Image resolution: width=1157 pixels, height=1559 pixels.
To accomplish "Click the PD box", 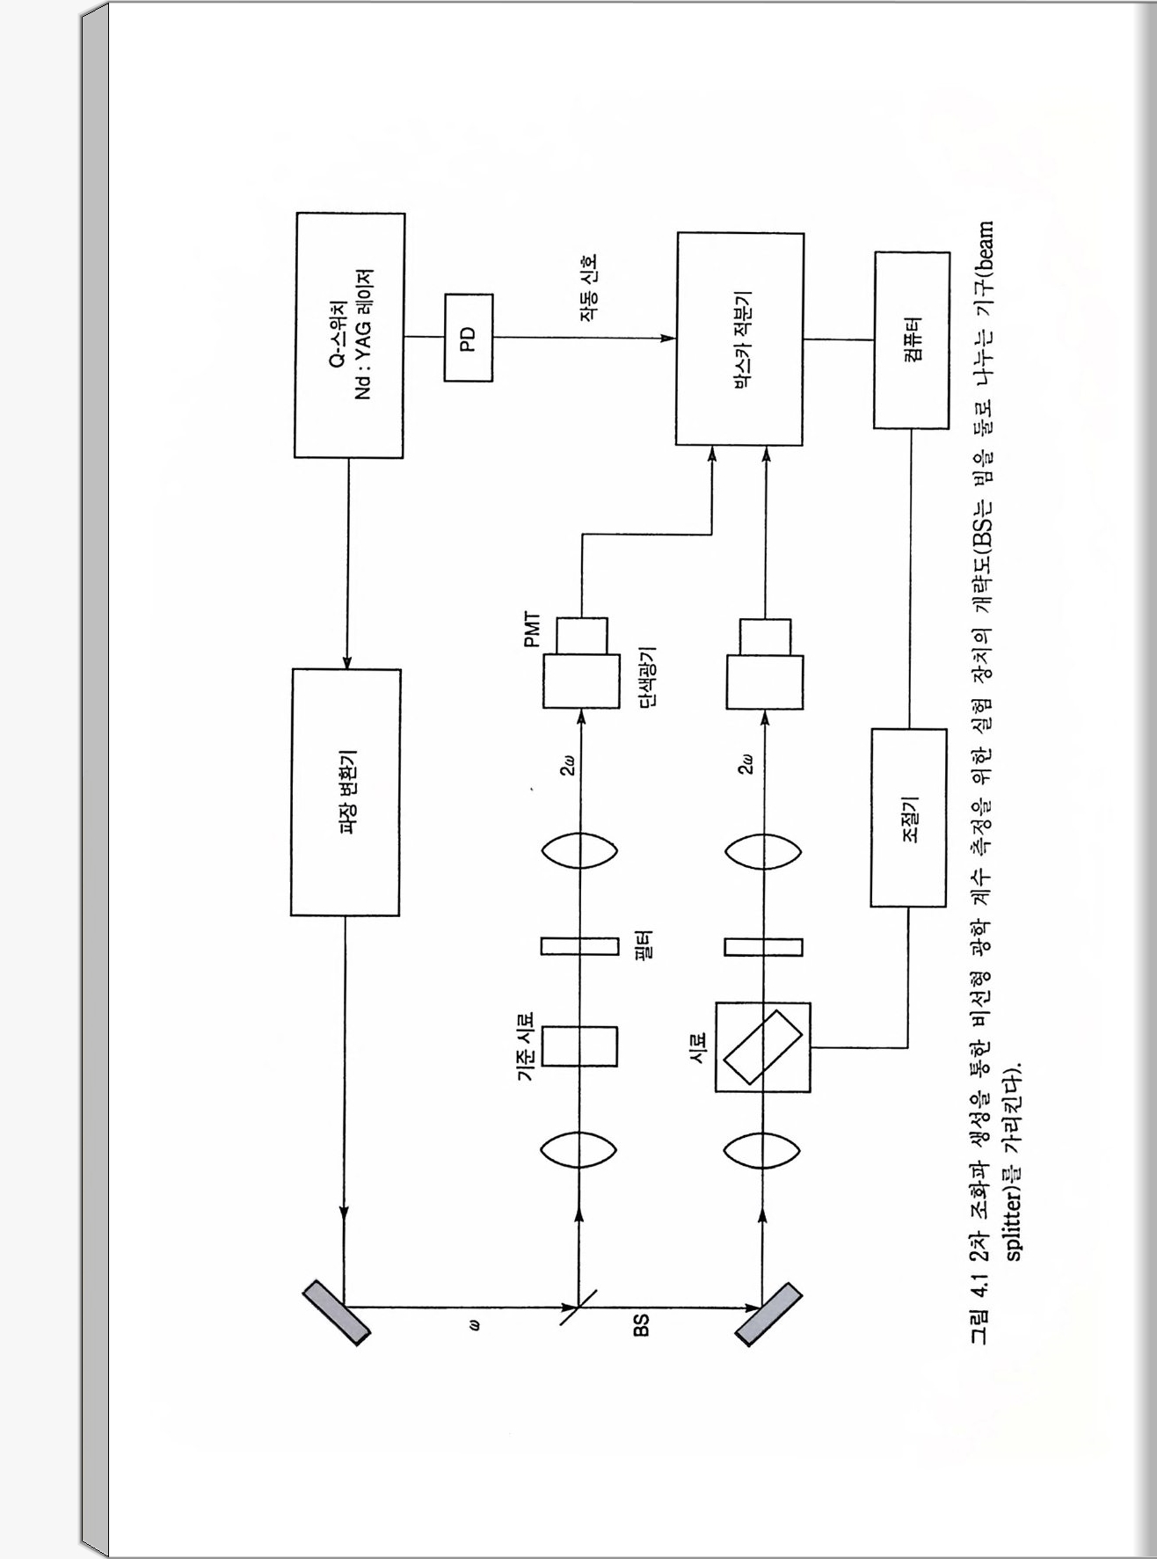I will click(x=468, y=338).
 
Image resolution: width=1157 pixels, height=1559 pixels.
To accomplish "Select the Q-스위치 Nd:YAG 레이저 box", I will click(x=349, y=335).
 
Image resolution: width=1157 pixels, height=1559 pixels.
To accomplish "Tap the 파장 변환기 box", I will click(x=346, y=792).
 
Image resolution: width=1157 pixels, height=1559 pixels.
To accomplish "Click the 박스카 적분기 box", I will click(x=739, y=339).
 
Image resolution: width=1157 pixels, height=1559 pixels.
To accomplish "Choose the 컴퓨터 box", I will click(x=912, y=339).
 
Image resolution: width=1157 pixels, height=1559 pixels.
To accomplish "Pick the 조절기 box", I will click(x=909, y=817).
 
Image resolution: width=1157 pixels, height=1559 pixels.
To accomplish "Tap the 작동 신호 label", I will click(x=588, y=288).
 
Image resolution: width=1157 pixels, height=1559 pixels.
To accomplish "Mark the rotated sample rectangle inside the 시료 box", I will click(x=762, y=1047).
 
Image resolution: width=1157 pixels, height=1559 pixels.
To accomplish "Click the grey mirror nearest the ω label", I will click(x=337, y=1313).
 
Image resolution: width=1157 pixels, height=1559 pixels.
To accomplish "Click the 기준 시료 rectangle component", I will click(x=579, y=1045).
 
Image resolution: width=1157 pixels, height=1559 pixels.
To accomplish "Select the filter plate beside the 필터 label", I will click(x=579, y=946).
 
